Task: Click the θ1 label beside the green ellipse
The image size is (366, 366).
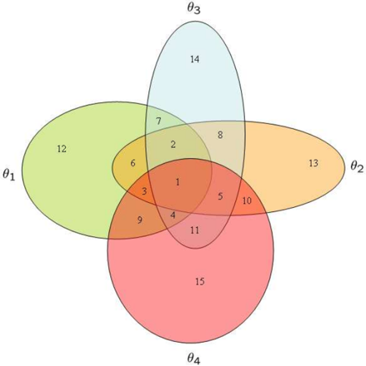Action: [8, 175]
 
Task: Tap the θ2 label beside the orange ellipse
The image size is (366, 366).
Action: [357, 167]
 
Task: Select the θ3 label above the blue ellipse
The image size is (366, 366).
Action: [193, 8]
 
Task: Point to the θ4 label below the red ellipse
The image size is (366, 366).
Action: [193, 358]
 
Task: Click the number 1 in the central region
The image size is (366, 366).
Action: [178, 182]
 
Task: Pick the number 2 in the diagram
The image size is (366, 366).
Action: [173, 145]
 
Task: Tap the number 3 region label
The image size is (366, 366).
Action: [144, 191]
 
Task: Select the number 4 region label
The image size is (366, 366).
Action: [173, 215]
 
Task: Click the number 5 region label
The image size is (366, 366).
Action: [220, 196]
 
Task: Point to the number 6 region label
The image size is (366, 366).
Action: [133, 163]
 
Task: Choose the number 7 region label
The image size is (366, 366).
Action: [158, 121]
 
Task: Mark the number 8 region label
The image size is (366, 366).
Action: [220, 135]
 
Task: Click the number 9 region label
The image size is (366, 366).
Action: [140, 220]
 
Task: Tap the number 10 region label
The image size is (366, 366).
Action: [247, 200]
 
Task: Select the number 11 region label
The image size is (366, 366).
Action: [194, 230]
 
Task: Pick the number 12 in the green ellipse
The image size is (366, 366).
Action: [62, 149]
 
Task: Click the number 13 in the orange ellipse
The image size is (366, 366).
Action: [313, 163]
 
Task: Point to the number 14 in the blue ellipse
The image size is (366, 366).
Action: [195, 59]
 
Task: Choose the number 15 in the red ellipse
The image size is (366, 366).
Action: [200, 282]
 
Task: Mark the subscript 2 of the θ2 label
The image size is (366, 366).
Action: [360, 169]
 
